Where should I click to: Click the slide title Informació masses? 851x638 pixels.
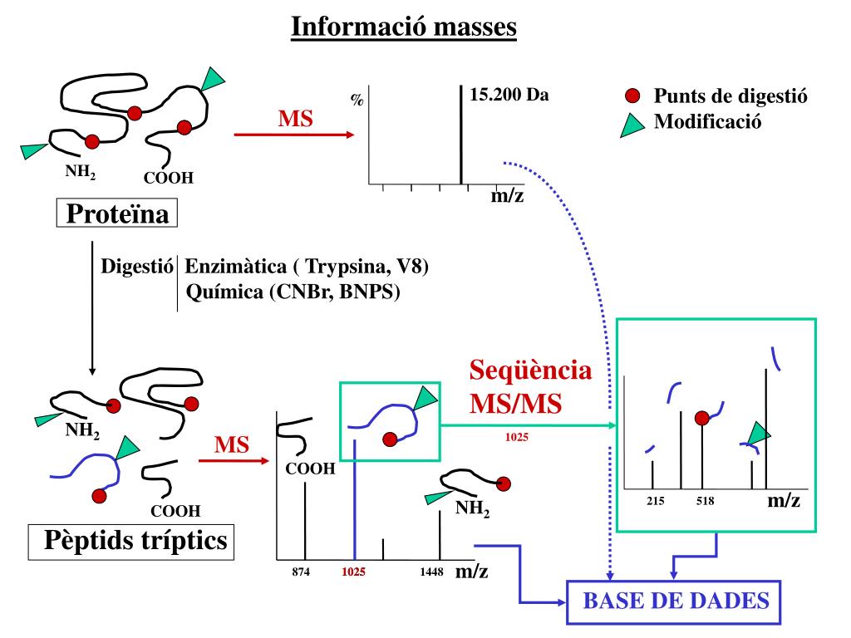tap(404, 27)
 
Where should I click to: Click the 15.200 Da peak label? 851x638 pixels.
tap(509, 95)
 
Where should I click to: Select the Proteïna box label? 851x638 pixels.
tap(117, 214)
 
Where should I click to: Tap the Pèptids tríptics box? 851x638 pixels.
tap(130, 542)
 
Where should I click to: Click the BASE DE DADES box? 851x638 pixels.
tap(674, 601)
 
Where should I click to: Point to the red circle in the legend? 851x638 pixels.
tap(632, 96)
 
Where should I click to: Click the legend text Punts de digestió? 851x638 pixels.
tap(730, 96)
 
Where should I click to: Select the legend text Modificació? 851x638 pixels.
tap(707, 122)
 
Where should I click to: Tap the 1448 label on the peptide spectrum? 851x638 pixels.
tap(431, 572)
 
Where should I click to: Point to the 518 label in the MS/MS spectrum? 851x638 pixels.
tap(705, 501)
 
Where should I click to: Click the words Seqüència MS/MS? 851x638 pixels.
tap(531, 386)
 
